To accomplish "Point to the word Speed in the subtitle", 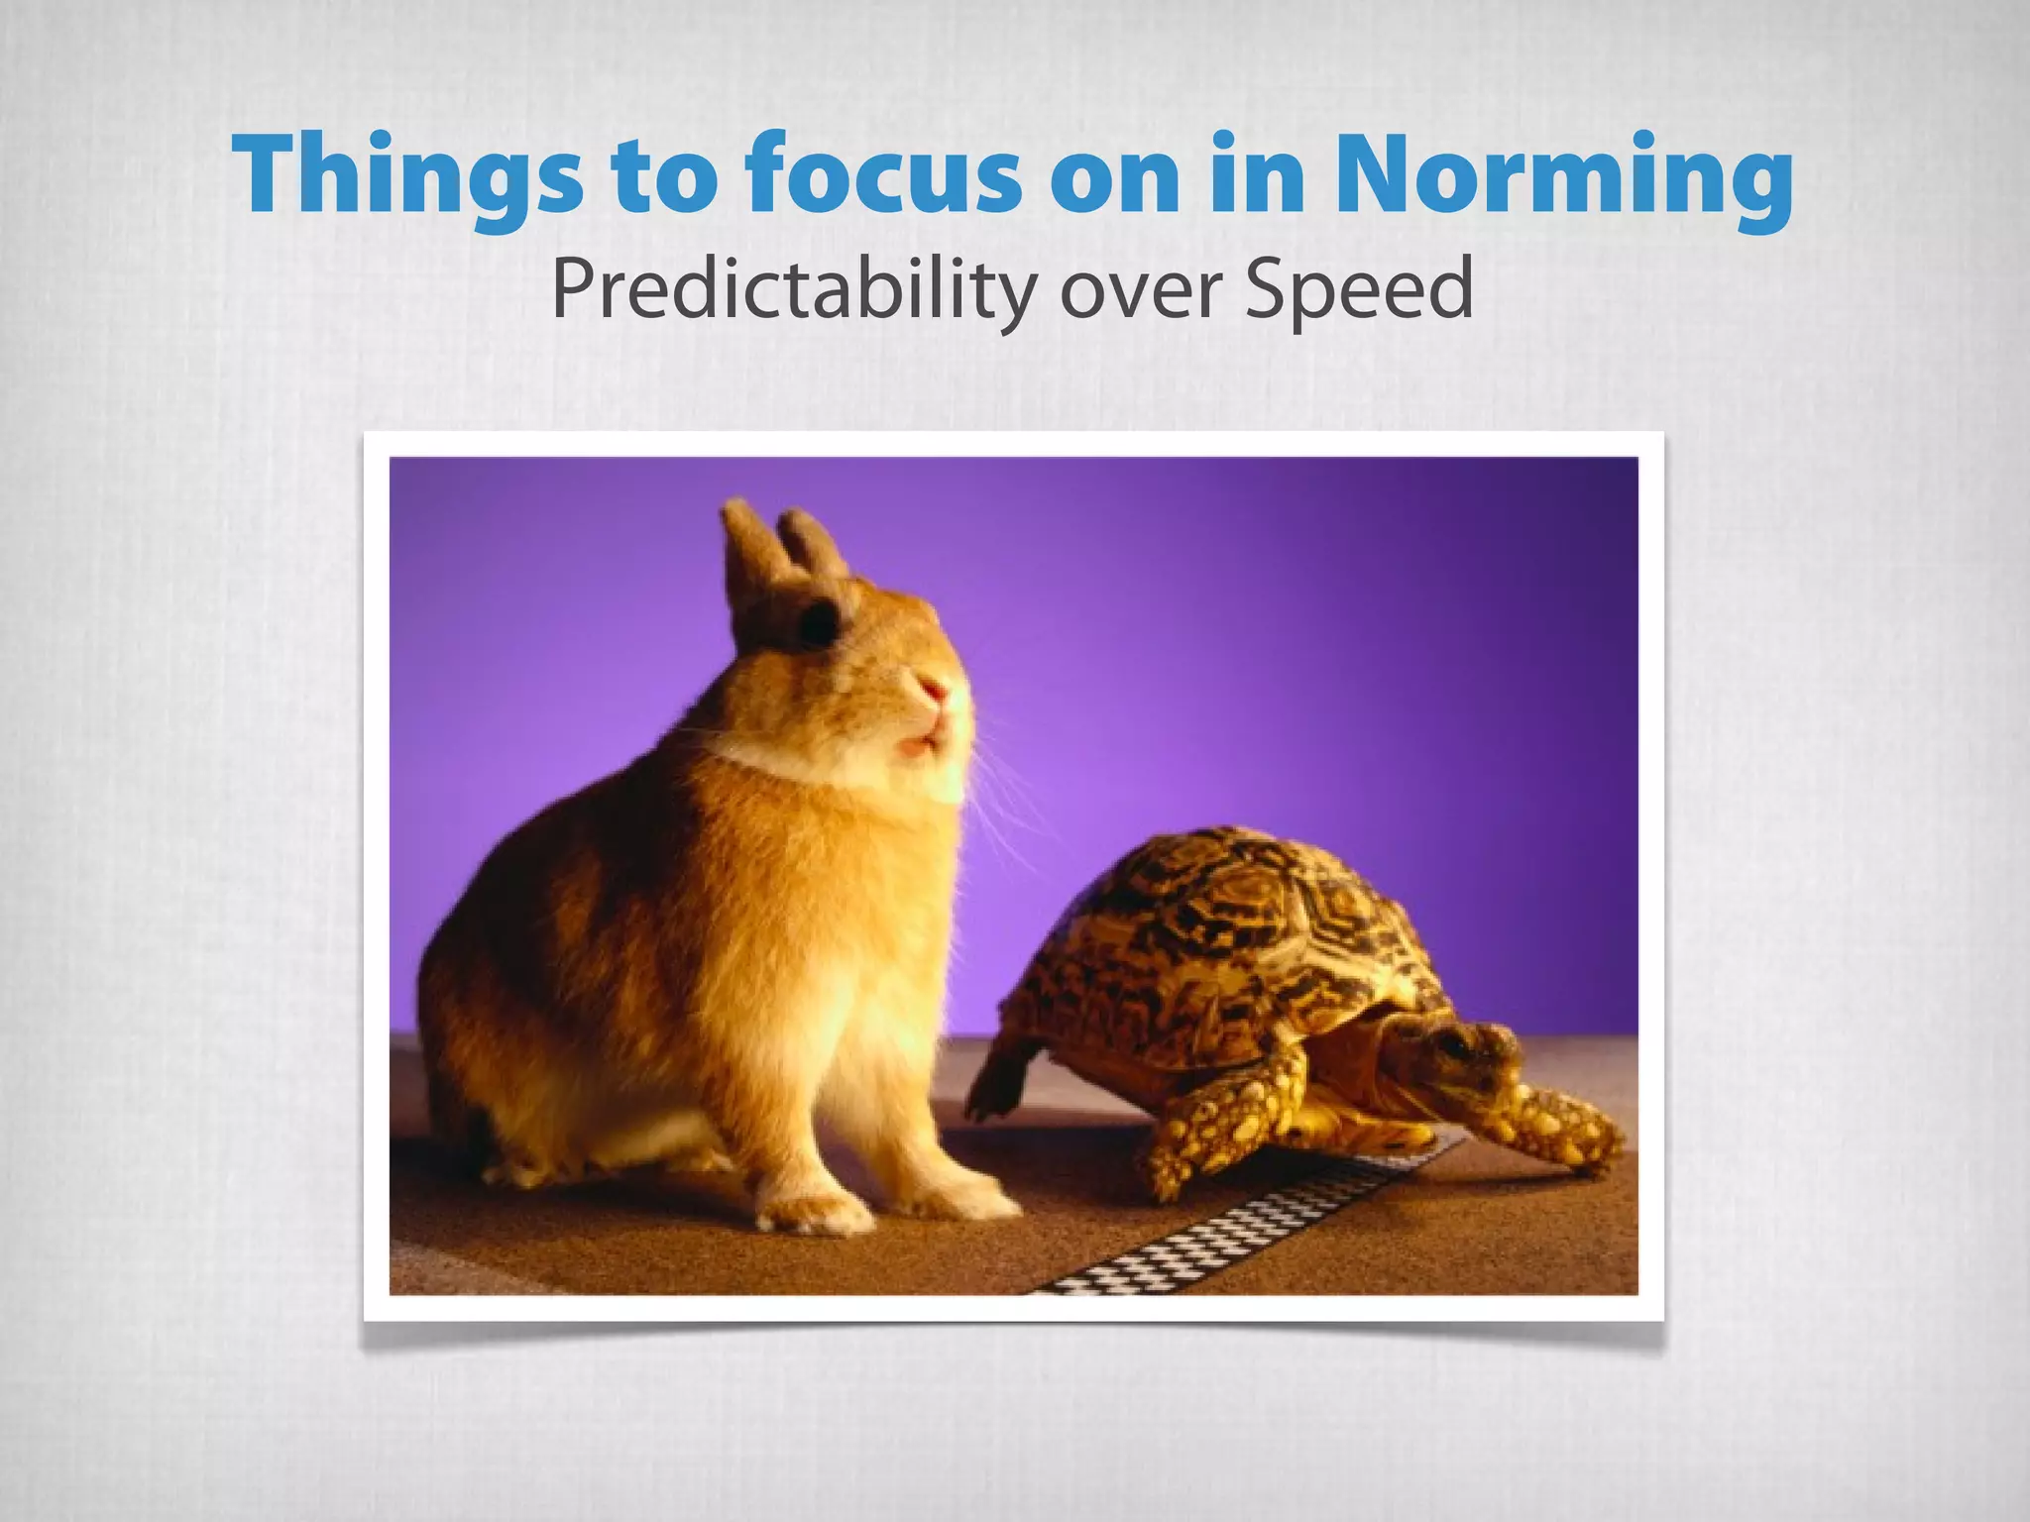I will (x=1358, y=290).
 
